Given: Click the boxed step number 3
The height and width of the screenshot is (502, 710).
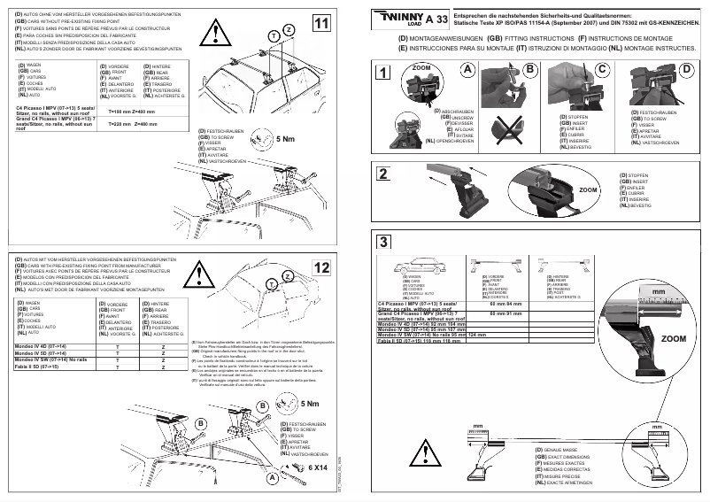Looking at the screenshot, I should [x=382, y=242].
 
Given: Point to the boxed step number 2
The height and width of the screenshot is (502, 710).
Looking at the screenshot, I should [x=382, y=174].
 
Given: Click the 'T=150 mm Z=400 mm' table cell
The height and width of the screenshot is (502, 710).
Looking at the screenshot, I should [x=131, y=112].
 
